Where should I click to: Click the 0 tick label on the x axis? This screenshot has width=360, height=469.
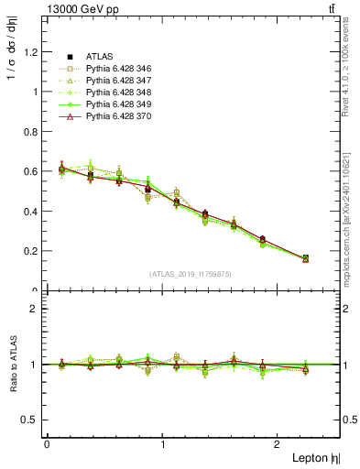[x=46, y=444]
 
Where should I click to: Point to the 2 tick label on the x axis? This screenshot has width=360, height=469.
[x=280, y=444]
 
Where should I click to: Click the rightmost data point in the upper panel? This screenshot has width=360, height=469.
[x=305, y=258]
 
